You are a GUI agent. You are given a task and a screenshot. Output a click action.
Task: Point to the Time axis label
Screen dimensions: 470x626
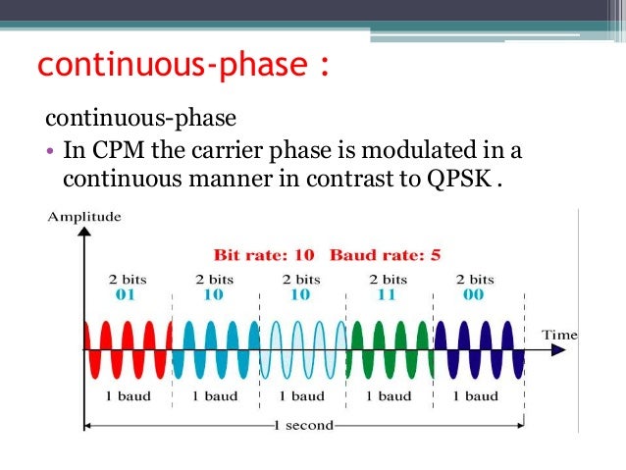(560, 336)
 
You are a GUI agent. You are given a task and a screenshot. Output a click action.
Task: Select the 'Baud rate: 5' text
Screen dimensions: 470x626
(385, 256)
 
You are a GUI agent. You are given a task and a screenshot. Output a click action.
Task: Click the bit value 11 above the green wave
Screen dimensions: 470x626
(389, 293)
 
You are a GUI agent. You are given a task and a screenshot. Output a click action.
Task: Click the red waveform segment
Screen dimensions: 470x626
(129, 348)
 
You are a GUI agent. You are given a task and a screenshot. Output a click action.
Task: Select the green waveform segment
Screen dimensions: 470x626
(390, 348)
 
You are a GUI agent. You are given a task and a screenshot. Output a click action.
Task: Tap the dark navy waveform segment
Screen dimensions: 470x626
(476, 348)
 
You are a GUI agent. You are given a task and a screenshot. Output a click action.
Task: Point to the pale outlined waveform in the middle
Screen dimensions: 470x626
(302, 348)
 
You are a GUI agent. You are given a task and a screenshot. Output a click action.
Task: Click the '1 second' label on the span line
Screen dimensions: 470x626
(305, 425)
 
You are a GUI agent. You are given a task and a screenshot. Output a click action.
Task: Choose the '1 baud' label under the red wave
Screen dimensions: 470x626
(129, 396)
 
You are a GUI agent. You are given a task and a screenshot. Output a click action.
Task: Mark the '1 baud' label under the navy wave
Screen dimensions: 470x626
(476, 396)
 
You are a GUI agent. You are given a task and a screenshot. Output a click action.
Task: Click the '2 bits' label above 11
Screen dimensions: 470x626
(389, 280)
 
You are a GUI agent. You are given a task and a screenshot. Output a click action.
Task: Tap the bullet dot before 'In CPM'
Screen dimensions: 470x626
(51, 153)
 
